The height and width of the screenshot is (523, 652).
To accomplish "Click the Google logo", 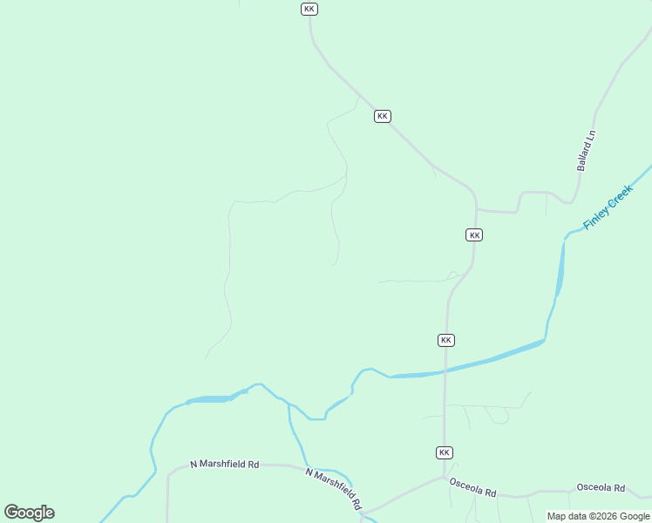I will pos(30,513).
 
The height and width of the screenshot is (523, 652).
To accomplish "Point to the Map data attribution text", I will pos(599,516).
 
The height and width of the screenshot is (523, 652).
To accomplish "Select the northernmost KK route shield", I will pos(309,9).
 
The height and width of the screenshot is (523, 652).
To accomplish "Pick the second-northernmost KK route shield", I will pos(382,116).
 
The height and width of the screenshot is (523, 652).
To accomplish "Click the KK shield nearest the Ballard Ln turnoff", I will pos(474,235).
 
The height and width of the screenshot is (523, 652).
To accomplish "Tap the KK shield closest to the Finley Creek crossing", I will pos(445,340).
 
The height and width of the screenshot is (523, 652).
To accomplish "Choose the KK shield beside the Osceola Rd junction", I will pos(445,452).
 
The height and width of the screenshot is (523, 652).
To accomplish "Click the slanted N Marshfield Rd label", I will pos(334,488).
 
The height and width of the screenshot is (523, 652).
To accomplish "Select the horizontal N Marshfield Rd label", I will pos(226,465).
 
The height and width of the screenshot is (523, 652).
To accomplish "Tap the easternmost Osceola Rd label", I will pos(601,488).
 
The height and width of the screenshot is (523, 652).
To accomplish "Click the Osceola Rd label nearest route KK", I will pos(472,486).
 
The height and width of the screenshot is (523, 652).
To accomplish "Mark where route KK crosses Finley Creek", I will pos(445,370).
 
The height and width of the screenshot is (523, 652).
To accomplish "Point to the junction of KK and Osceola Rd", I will pos(445,476).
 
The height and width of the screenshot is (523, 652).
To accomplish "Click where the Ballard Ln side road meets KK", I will pos(476,210).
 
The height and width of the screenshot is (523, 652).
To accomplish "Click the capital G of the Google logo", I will pos(12,513).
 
